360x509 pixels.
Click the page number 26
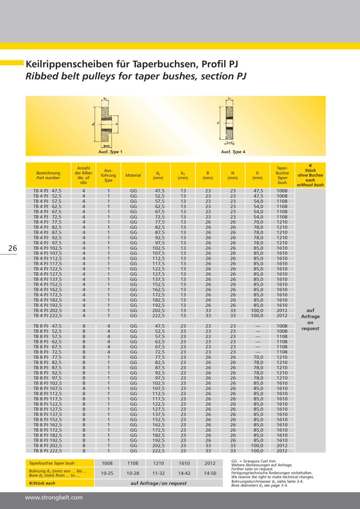(12, 248)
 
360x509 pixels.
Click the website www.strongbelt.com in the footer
(54, 498)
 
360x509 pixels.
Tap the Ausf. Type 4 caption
(233, 152)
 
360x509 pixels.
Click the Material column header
(133, 175)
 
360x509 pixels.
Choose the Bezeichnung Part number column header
(48, 175)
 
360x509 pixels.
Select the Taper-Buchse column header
(282, 175)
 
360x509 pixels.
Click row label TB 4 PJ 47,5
(48, 191)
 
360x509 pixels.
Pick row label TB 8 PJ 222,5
(48, 450)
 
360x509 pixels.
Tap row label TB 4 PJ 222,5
(48, 315)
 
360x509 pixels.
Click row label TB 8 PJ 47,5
(48, 326)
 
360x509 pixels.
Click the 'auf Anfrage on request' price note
(310, 319)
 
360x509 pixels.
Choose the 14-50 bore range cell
(209, 473)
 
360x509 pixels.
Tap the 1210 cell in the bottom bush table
(158, 463)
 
